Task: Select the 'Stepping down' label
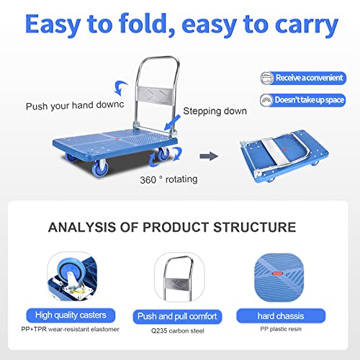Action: click(214, 111)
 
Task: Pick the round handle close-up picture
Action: click(177, 282)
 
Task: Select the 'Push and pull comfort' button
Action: click(177, 317)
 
